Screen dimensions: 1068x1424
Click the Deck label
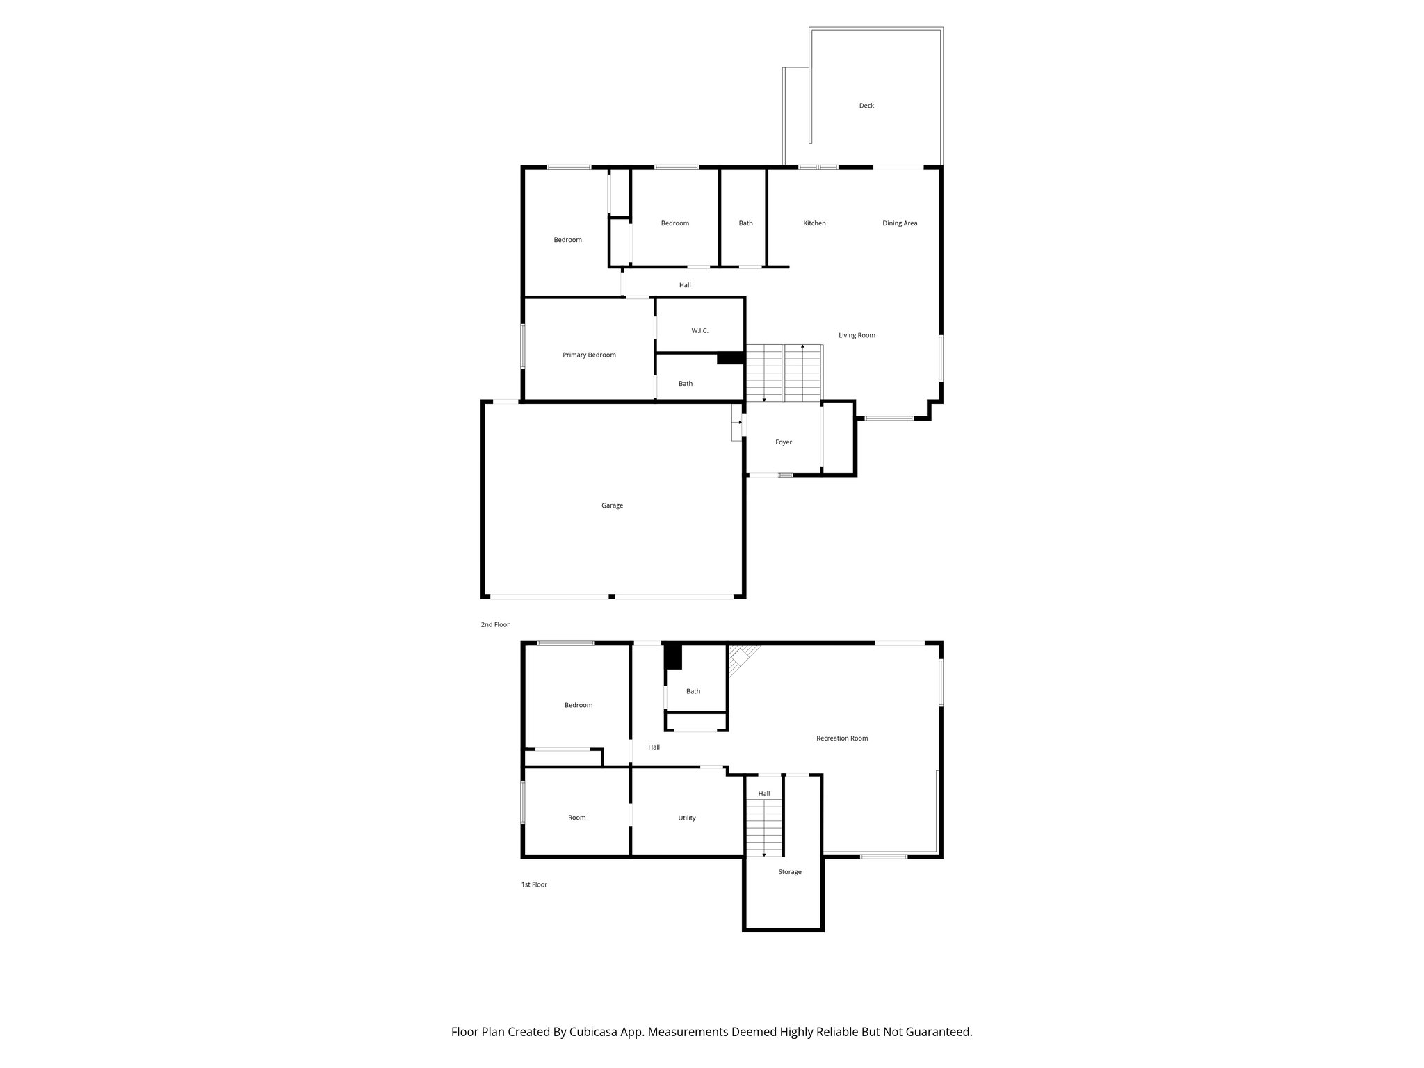[x=866, y=106]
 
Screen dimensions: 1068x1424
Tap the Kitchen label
[x=814, y=223]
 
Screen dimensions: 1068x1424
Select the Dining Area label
[x=900, y=223]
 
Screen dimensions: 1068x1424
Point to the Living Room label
[x=857, y=335]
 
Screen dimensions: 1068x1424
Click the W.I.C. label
[x=699, y=331]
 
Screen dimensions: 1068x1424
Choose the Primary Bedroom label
[x=589, y=355]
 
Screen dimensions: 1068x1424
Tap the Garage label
[x=612, y=505]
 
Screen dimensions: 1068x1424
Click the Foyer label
[x=784, y=442]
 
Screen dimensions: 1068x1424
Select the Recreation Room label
[x=842, y=738]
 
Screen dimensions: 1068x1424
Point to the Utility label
[x=687, y=818]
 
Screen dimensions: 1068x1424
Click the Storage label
[x=790, y=872]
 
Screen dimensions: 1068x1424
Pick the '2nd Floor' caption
[x=495, y=625]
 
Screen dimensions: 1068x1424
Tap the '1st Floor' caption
[x=534, y=884]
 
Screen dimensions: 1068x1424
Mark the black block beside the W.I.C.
[x=731, y=358]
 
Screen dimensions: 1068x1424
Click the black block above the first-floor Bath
[x=673, y=657]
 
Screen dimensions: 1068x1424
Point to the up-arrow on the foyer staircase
[x=803, y=346]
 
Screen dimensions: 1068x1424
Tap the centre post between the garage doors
[x=612, y=597]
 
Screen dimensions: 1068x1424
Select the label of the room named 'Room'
[x=577, y=818]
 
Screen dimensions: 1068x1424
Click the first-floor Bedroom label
[x=578, y=705]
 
